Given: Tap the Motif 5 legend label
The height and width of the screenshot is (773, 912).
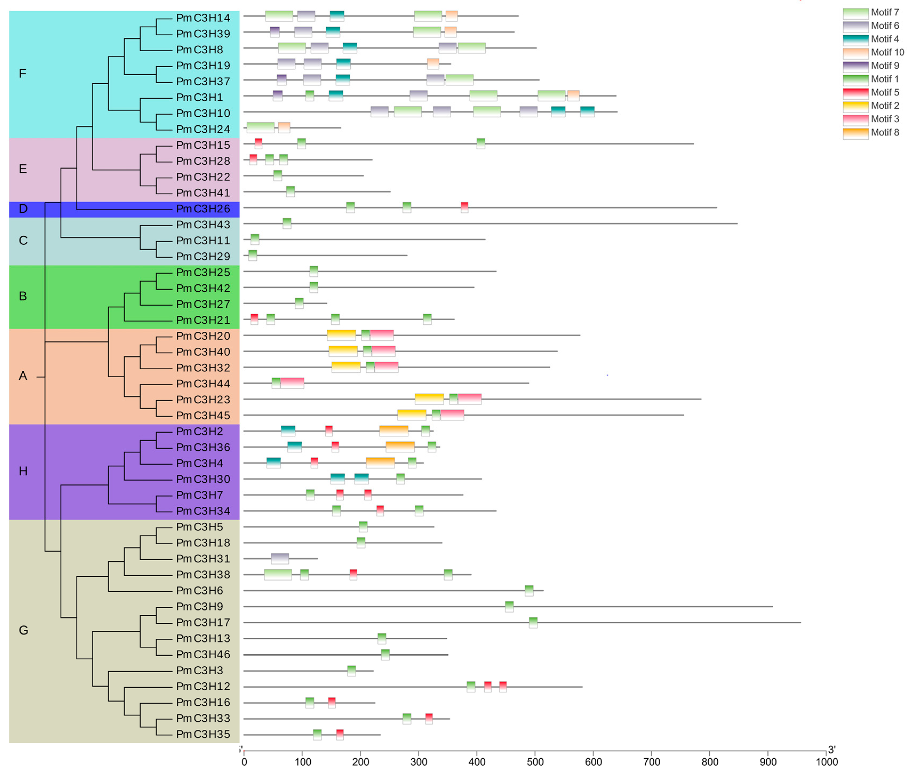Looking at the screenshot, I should click(885, 93).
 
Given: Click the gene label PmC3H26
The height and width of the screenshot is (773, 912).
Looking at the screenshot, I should click(203, 209).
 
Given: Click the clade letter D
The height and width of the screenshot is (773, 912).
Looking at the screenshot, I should click(23, 209).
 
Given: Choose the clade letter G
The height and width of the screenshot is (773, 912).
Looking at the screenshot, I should click(23, 631).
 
